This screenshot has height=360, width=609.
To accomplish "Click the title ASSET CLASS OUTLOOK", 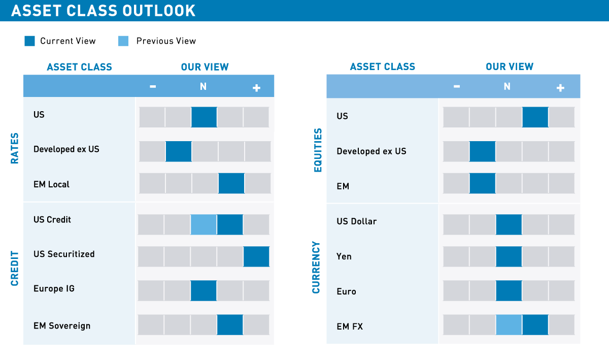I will click(104, 11).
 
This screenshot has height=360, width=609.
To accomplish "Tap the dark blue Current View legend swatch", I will click(30, 41).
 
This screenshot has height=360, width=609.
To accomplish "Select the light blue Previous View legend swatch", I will click(123, 41).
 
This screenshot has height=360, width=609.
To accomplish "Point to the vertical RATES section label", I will click(15, 148).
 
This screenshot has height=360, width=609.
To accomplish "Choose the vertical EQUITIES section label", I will click(318, 150).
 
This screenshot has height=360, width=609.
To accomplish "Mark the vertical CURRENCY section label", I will click(317, 268).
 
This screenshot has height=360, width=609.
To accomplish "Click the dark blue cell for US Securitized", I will click(256, 256).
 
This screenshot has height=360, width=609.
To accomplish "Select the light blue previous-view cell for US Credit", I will click(204, 224).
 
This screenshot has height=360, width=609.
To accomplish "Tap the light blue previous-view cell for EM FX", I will click(509, 325).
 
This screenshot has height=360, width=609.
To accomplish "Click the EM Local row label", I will click(51, 184).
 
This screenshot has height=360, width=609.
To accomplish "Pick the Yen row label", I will click(344, 256).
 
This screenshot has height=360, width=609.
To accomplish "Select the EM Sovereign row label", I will click(62, 325).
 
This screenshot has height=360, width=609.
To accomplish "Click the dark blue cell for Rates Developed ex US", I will click(179, 151).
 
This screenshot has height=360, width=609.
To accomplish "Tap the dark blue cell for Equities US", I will click(535, 117).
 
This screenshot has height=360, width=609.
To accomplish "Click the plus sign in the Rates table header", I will click(256, 88).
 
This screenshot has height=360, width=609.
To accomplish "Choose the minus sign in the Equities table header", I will click(457, 87).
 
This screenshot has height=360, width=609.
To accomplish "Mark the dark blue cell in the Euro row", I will click(509, 290).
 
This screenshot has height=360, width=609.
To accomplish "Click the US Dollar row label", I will click(357, 221).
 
